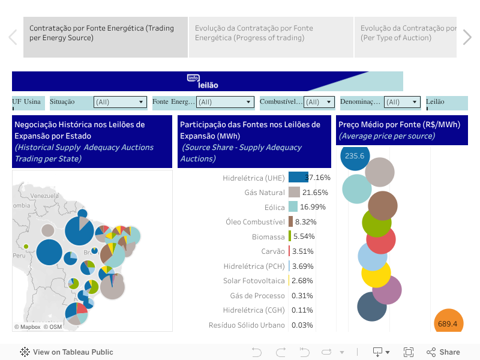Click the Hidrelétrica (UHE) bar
298,177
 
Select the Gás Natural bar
294,192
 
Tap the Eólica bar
293,207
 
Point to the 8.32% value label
305,221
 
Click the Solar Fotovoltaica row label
254,281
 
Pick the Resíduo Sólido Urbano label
246,325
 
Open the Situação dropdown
120,102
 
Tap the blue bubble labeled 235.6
355,156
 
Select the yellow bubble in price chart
376,273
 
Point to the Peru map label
20,256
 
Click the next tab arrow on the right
467,37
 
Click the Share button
443,352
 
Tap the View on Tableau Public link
67,352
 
